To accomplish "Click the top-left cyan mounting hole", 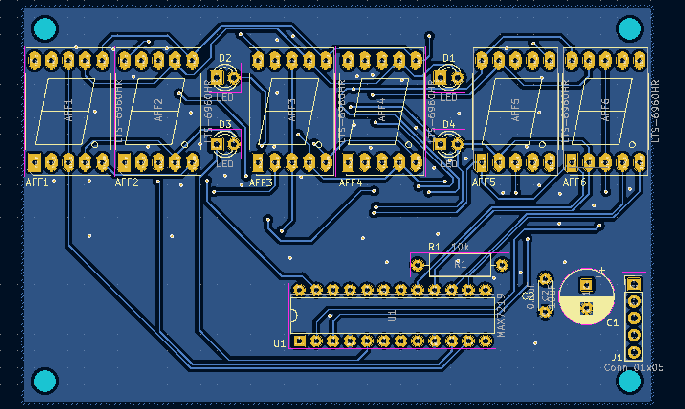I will point(45,28).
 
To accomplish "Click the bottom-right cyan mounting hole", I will point(630,381).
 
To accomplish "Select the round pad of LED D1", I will point(458,77).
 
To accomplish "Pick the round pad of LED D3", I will point(234,144).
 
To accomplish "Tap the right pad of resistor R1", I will point(502,265).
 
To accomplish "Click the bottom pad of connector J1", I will point(634,352).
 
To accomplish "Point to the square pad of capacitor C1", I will point(586,284).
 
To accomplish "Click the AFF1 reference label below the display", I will point(37,183).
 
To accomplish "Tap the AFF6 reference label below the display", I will point(574,182).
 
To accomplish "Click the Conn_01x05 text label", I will point(634,367).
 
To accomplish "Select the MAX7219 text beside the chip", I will point(501,316).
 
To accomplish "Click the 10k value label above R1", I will point(460,247).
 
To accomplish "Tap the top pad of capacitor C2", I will point(545,279).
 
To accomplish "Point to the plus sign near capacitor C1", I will point(602,270).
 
